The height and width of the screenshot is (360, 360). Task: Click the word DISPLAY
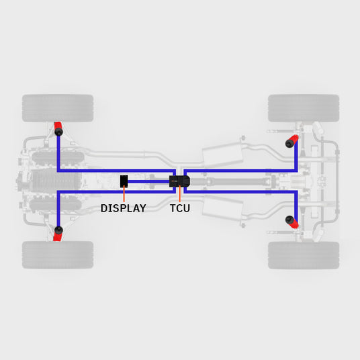click(124, 208)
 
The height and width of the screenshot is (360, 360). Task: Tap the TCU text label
click(180, 208)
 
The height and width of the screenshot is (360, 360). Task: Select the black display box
click(124, 181)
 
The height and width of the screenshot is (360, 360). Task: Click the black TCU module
click(179, 181)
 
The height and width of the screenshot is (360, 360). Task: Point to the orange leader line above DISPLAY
click(124, 194)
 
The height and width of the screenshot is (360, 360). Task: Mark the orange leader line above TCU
click(180, 195)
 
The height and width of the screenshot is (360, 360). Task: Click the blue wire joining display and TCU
click(148, 181)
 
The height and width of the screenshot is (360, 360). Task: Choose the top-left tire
click(58, 108)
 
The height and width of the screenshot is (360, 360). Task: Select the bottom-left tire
click(58, 255)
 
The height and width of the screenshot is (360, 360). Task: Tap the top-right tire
click(304, 108)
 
